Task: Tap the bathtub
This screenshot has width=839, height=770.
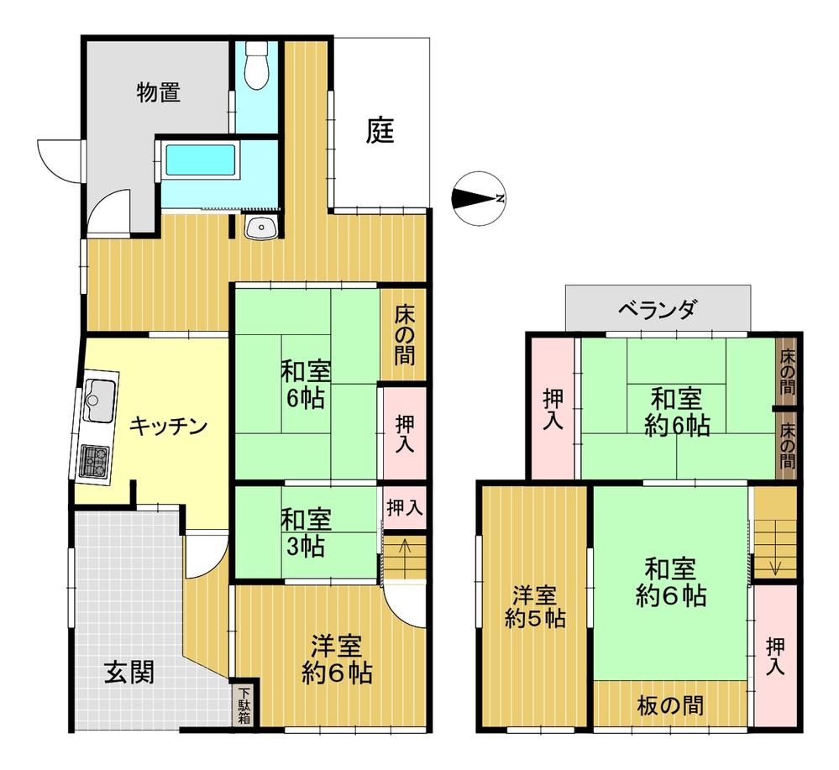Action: click(201, 160)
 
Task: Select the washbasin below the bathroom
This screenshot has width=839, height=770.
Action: click(260, 228)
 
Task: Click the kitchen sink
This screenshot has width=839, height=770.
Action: click(100, 401)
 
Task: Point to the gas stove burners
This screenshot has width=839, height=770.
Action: click(95, 461)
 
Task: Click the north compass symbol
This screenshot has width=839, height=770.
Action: click(479, 198)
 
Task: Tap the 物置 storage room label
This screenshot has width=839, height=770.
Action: click(159, 92)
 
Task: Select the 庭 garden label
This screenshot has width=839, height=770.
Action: click(380, 130)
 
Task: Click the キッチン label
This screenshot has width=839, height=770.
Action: click(168, 427)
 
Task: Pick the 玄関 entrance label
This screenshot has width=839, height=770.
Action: click(129, 672)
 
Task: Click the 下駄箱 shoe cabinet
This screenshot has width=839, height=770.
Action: click(244, 705)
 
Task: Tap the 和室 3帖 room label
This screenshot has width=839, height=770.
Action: click(306, 533)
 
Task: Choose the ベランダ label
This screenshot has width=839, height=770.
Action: click(658, 309)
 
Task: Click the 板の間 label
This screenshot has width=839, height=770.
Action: click(670, 706)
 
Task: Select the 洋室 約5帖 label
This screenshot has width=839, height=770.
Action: click(535, 607)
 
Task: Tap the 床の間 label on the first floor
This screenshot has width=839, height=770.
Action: click(405, 334)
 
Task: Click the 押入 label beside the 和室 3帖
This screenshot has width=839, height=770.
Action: click(405, 507)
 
